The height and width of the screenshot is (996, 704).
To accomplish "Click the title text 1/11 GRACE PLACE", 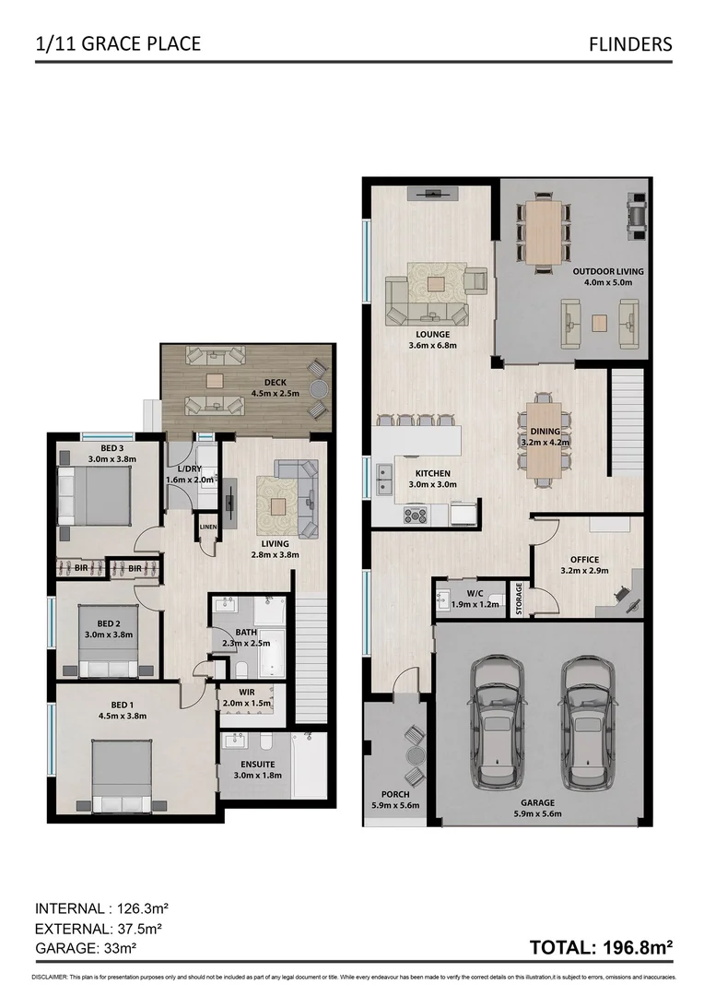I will click(117, 43).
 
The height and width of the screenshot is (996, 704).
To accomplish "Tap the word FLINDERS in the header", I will click(631, 43).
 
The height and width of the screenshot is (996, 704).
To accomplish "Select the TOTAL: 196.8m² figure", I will click(600, 946).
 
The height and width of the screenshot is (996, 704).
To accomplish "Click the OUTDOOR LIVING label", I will click(607, 271).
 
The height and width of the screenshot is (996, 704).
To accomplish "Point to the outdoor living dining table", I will click(543, 231).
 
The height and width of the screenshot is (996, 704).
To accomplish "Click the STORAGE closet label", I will click(519, 598).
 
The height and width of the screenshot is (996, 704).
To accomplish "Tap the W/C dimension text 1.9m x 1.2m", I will click(475, 605).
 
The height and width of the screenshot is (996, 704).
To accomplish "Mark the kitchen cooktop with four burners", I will click(416, 516).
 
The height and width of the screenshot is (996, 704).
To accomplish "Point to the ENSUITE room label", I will click(257, 764).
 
